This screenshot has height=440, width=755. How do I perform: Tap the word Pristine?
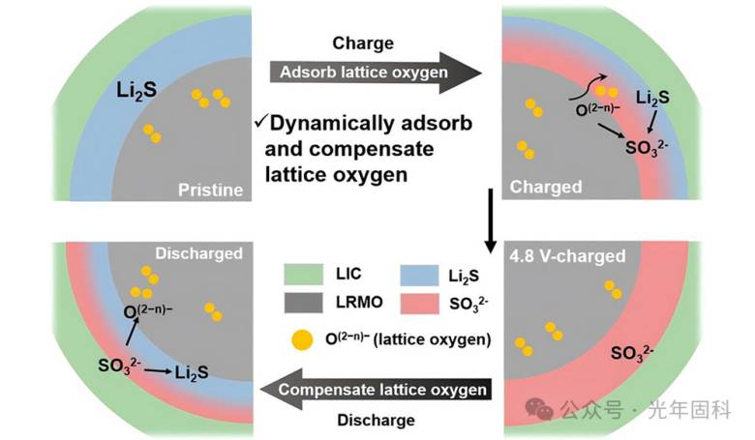[209, 190]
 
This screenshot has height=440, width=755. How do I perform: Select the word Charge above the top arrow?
[363, 43]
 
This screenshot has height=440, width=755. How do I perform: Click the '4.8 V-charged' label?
[567, 257]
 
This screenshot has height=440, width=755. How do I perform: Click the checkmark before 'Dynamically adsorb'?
[260, 122]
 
